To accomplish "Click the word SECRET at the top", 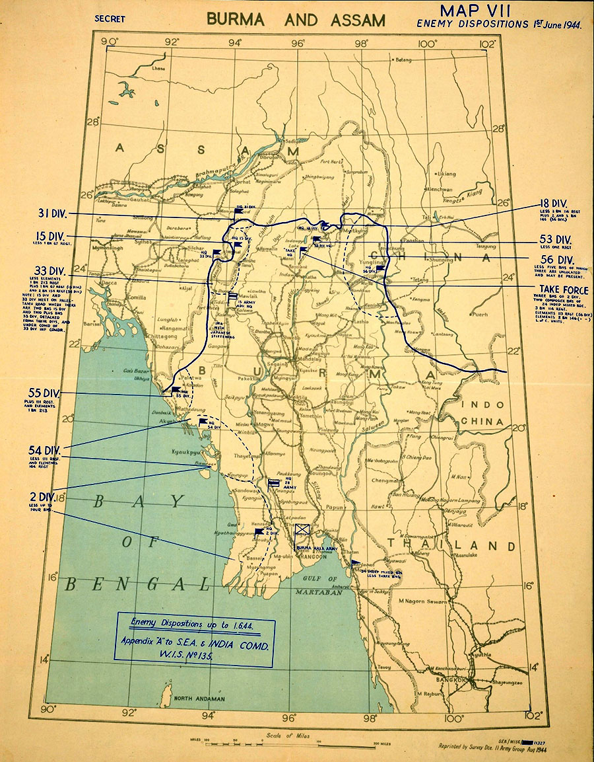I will click(110, 19).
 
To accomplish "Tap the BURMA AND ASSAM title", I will click(296, 20).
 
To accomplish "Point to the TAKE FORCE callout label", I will click(563, 289).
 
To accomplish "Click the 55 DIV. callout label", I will click(44, 392).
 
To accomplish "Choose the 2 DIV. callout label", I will click(41, 496).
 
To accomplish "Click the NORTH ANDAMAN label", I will click(199, 699).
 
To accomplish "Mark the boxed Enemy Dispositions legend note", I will click(194, 639).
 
